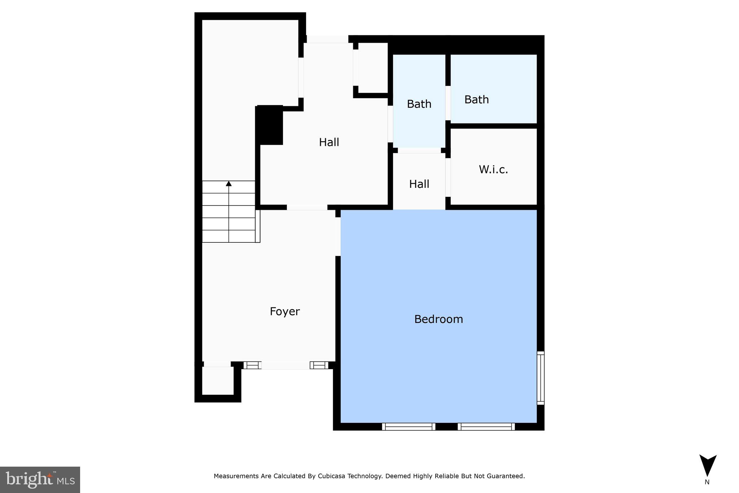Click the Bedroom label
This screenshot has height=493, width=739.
click(438, 319)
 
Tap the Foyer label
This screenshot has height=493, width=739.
click(285, 311)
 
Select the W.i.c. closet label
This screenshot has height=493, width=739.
click(493, 169)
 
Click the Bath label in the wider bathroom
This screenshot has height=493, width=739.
click(476, 99)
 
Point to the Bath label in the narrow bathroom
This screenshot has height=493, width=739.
click(419, 104)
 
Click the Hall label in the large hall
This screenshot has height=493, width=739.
click(329, 142)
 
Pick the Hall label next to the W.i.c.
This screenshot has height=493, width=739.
click(419, 184)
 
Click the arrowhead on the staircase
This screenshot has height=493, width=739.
click(229, 184)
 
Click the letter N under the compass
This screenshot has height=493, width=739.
click(707, 482)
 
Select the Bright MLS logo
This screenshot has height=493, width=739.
click(40, 480)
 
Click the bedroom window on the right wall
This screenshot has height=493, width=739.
click(540, 378)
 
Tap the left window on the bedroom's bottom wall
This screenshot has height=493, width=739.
click(408, 427)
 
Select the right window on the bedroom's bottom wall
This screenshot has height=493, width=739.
click(486, 427)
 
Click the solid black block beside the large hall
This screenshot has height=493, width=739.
click(269, 125)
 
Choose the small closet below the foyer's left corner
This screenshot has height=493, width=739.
click(217, 381)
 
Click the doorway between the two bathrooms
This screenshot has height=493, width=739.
click(448, 103)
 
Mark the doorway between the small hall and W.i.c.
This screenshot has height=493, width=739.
click(448, 177)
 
